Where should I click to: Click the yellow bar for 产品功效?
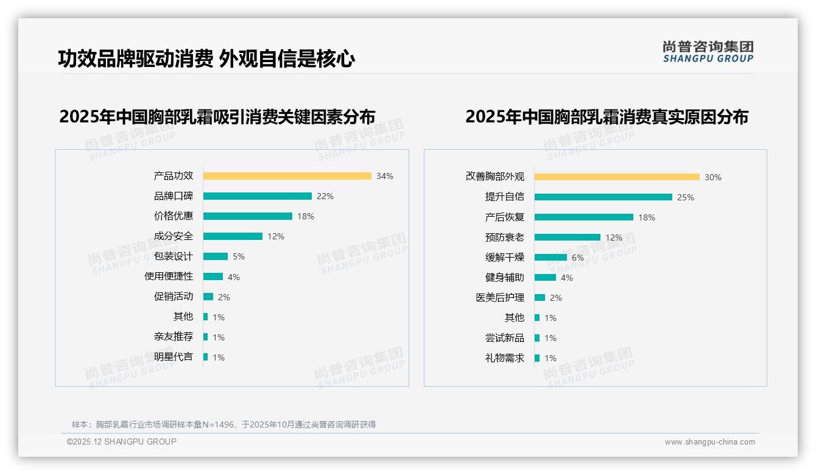287,176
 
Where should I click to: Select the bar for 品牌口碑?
257,196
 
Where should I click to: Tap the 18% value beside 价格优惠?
306,216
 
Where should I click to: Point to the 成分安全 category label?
174,236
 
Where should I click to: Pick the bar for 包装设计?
215,256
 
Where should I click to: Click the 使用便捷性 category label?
169,276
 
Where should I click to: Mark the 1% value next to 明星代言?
219,357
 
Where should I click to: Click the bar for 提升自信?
603,197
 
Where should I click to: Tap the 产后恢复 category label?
505,217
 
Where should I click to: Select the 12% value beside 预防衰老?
614,237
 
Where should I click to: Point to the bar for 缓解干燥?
550,258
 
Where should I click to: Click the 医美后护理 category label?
500,298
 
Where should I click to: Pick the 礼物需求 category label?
505,358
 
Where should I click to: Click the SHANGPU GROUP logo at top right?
708,52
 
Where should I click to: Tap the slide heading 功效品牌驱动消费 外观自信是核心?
206,58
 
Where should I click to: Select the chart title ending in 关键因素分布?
217,117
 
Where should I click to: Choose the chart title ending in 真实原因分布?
607,117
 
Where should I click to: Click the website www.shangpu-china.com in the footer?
709,442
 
